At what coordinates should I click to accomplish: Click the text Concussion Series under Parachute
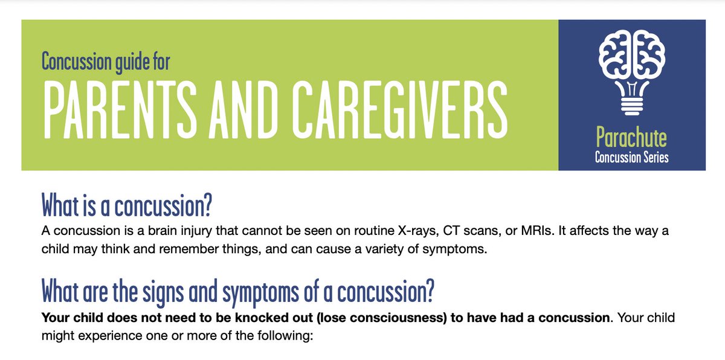[x=631, y=158]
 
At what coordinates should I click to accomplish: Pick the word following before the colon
[x=285, y=335]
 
